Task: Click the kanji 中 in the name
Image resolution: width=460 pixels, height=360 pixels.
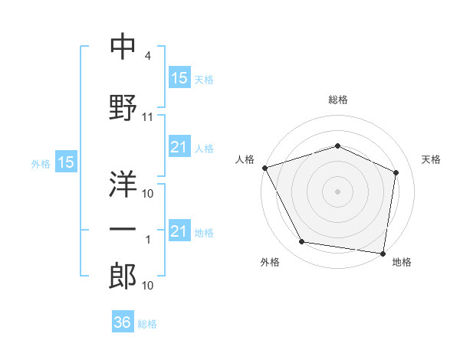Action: pos(123,46)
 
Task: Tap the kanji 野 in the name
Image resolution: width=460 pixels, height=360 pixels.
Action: pos(123,107)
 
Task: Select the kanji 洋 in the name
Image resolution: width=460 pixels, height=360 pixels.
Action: pos(123,184)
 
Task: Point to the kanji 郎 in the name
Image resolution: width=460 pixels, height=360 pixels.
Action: pos(123,276)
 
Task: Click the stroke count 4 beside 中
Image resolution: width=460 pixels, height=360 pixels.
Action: pos(147,56)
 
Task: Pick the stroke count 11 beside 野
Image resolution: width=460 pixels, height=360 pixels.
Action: pos(147,117)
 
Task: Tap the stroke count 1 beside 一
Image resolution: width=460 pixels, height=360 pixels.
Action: pos(148,240)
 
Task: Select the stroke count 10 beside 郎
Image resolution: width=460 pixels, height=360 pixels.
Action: pos(147,285)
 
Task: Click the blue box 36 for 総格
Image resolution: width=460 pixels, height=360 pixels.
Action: pos(123,321)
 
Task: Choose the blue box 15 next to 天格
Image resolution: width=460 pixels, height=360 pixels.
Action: pos(180,77)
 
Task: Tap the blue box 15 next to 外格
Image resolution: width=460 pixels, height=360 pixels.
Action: pos(66,162)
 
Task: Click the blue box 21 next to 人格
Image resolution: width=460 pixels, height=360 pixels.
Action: pos(180,146)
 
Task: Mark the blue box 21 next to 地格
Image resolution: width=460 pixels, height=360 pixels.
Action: pos(180,230)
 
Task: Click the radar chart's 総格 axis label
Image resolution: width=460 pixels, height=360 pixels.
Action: pos(338,100)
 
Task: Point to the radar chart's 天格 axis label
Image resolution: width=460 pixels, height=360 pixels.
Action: pos(431,159)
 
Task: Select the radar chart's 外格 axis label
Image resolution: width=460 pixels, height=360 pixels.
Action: pos(270,262)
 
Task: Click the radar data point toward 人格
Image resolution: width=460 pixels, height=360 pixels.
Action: pos(265,168)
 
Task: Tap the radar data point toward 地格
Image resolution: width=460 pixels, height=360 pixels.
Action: pos(383,254)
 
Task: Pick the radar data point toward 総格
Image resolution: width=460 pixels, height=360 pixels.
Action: pos(337,146)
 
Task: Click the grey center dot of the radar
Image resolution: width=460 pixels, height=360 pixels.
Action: pos(337,191)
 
